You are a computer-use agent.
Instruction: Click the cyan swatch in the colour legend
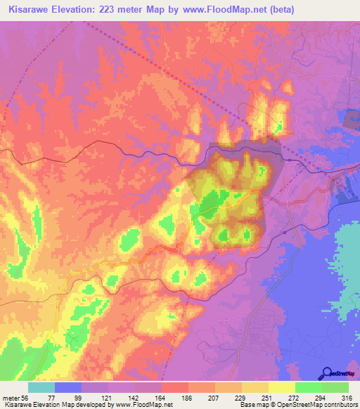(x=41, y=387)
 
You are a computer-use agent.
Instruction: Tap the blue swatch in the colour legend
(x=68, y=387)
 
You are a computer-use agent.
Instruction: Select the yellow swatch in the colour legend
(x=282, y=387)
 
